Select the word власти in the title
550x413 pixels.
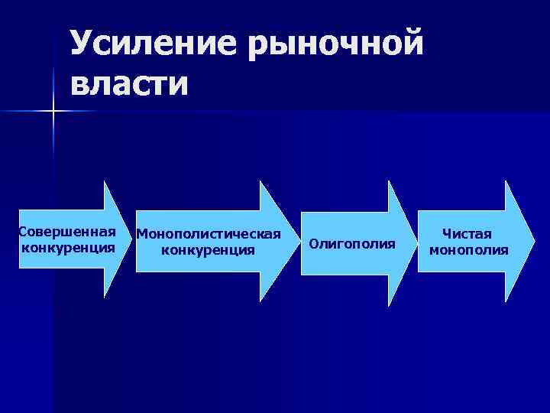pos(130,83)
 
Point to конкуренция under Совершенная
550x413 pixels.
pos(69,248)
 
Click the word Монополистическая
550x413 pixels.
pos(209,233)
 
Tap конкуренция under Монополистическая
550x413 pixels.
pos(209,249)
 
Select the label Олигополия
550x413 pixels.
pos(352,244)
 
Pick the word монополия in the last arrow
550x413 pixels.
pos(468,249)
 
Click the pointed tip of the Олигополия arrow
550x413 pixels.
pos(417,243)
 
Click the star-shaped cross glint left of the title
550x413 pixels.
pos(54,112)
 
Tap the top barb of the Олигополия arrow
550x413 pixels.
pos(390,182)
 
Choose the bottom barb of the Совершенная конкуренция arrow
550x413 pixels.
pos(105,301)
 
